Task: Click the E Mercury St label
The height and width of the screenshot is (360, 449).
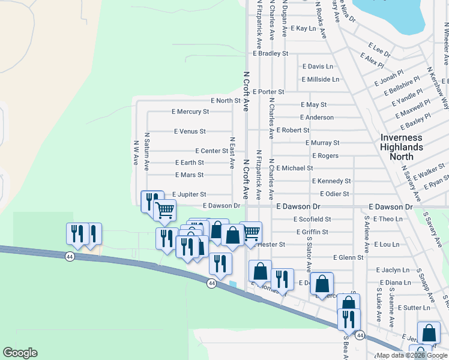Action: click(x=190, y=112)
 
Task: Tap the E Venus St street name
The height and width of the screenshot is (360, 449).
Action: click(x=190, y=131)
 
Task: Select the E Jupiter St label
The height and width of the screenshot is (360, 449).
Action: click(x=189, y=194)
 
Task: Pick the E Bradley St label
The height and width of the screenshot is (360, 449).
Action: click(x=271, y=53)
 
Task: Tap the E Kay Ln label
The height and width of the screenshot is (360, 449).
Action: click(x=303, y=28)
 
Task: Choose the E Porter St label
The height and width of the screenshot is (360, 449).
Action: click(x=268, y=92)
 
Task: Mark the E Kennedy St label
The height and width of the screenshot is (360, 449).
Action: click(x=331, y=181)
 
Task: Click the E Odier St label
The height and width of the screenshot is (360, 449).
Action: click(x=334, y=194)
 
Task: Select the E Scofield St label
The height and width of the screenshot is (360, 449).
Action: click(x=312, y=220)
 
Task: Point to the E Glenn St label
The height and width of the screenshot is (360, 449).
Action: click(x=348, y=257)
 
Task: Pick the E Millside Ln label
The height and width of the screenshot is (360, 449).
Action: click(x=321, y=79)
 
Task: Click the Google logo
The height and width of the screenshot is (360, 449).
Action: click(x=20, y=353)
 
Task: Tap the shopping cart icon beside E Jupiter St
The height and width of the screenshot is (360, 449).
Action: click(x=164, y=210)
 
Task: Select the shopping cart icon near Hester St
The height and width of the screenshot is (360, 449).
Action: click(x=250, y=232)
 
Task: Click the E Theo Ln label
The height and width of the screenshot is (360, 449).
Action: click(x=388, y=219)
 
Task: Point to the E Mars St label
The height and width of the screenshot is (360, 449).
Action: click(x=189, y=175)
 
